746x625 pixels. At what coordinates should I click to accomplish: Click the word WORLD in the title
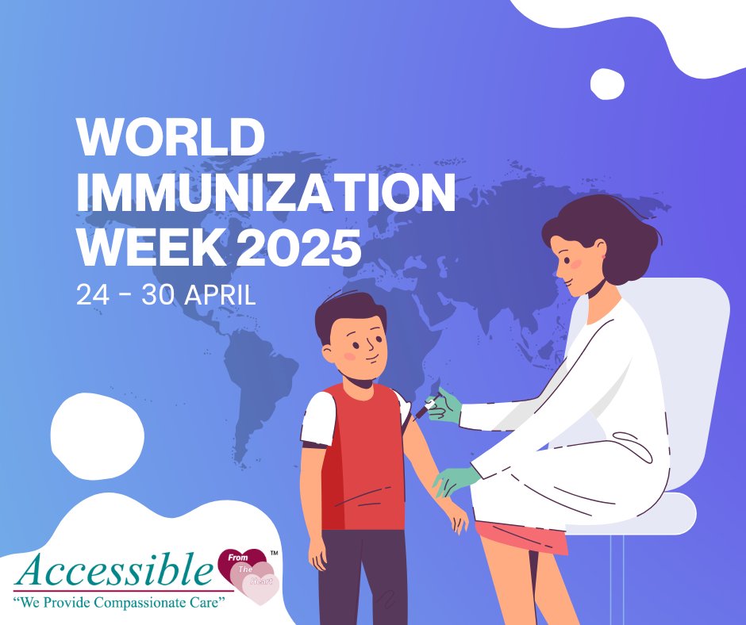tap(170, 137)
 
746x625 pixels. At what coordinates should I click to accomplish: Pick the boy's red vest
tap(365, 460)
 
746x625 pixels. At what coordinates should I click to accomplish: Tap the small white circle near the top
tap(608, 84)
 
